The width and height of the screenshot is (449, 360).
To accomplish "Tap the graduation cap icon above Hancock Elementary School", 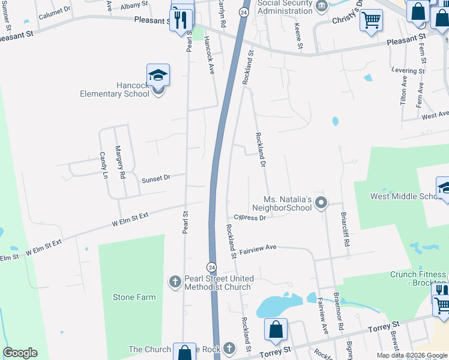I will click(x=158, y=75).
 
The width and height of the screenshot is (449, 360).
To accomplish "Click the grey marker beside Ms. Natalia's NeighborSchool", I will click(x=321, y=203).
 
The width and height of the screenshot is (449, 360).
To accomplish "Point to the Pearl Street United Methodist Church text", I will click(x=218, y=283).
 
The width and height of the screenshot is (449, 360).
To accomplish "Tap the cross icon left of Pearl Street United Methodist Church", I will click(x=175, y=282).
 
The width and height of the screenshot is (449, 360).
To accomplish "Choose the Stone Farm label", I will click(x=134, y=297).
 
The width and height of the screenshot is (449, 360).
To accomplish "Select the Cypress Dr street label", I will click(x=250, y=218).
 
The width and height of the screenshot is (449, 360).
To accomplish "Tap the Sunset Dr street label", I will click(x=156, y=178).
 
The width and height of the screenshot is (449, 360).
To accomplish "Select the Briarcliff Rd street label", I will click(x=345, y=223).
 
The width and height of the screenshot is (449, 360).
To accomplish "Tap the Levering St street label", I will click(x=408, y=70).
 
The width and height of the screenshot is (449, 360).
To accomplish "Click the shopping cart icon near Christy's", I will click(x=372, y=20).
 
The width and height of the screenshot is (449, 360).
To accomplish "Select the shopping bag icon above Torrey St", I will click(x=276, y=329).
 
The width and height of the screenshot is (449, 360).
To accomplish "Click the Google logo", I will click(x=20, y=353).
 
